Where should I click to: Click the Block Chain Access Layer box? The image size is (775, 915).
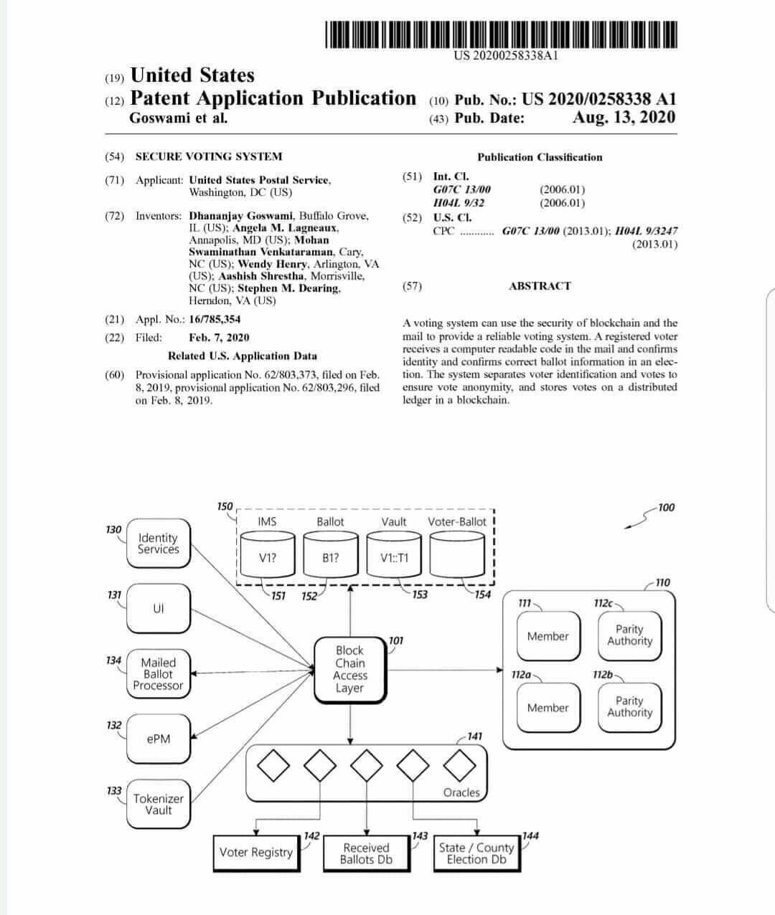click(x=349, y=669)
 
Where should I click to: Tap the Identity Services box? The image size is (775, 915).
click(x=159, y=544)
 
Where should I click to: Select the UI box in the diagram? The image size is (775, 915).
click(x=159, y=608)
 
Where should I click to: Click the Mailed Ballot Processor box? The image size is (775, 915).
click(x=158, y=674)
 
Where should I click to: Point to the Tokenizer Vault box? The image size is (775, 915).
click(x=159, y=804)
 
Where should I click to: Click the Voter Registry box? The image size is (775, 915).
click(x=256, y=853)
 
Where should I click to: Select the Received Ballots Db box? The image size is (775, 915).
click(x=366, y=853)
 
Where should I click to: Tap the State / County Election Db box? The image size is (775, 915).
click(x=476, y=853)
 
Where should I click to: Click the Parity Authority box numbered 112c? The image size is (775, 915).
click(x=629, y=635)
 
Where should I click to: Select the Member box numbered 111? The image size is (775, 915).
click(x=548, y=636)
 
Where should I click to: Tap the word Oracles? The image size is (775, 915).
click(x=461, y=792)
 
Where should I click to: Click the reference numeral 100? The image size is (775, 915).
click(x=666, y=508)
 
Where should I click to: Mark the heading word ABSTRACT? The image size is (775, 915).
click(x=540, y=286)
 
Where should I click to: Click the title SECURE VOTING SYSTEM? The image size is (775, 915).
click(x=209, y=156)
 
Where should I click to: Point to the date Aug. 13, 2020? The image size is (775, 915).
click(x=624, y=118)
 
